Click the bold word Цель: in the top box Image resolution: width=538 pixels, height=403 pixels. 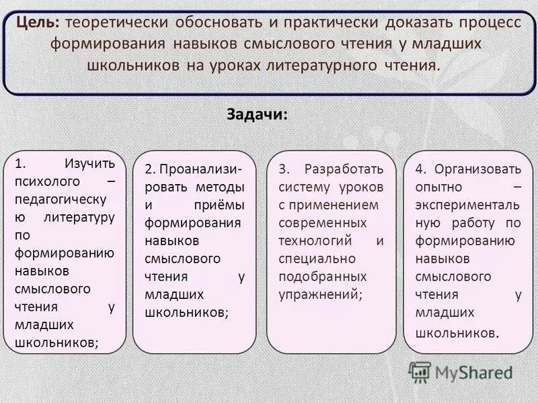[x=40, y=23]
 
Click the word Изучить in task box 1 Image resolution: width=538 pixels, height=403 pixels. [x=89, y=163]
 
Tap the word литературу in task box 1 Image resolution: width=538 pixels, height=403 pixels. [x=79, y=217]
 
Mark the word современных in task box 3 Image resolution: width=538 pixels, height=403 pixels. [x=322, y=222]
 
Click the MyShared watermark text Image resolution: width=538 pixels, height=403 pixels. [x=473, y=372]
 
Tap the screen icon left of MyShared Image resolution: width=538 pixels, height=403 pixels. [x=420, y=371]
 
